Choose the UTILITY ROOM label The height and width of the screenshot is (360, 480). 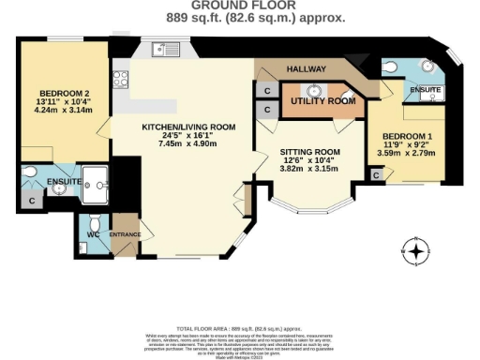pyautogui.click(x=322, y=100)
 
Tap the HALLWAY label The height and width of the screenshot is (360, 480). pyautogui.click(x=305, y=69)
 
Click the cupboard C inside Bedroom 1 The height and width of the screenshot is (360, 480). pyautogui.click(x=376, y=174)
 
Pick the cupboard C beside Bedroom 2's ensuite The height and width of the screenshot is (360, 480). pyautogui.click(x=33, y=201)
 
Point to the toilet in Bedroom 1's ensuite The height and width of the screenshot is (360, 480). pyautogui.click(x=389, y=67)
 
